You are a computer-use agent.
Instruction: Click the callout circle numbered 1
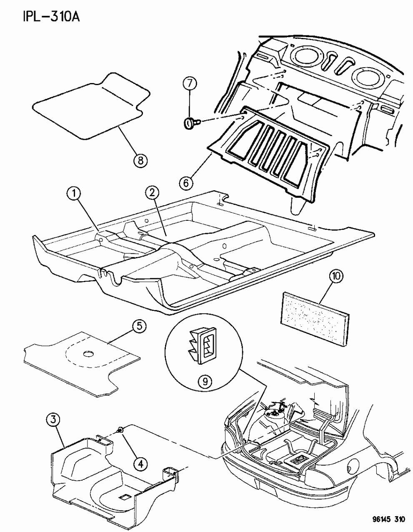[74, 193]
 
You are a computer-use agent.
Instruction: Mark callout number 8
[140, 159]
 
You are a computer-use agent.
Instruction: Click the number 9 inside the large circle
[205, 380]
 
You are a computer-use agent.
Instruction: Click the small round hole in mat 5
[88, 354]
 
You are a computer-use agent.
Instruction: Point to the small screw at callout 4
[120, 441]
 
